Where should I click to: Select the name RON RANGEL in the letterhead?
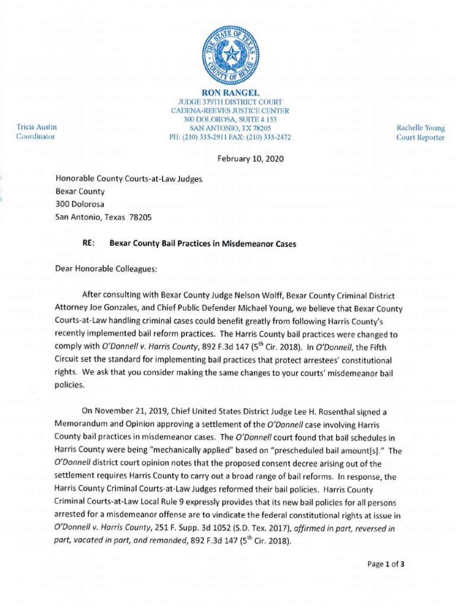point(230,93)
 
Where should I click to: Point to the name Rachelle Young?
point(420,128)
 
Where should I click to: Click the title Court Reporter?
point(420,137)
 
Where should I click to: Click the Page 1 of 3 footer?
point(386,564)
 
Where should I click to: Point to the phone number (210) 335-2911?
point(208,137)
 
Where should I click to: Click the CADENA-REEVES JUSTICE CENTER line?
point(230,110)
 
